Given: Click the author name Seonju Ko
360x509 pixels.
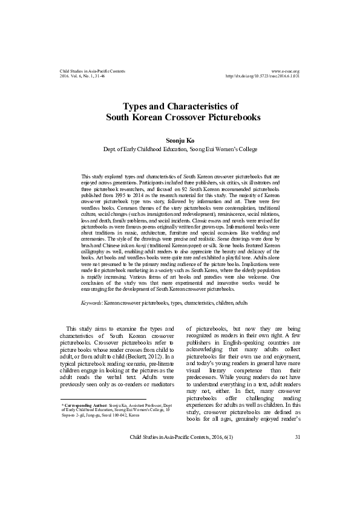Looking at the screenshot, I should pos(180,139).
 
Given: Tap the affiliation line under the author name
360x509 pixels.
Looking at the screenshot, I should pos(180,149).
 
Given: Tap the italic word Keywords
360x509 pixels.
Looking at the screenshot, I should pos(91,302).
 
